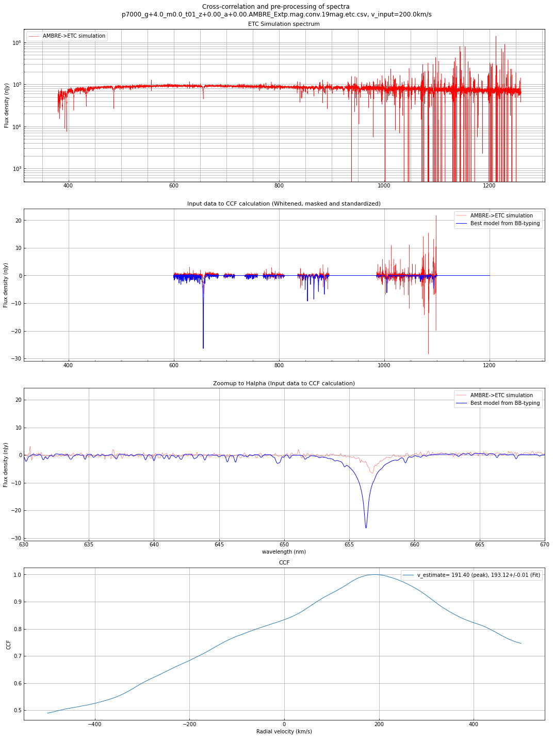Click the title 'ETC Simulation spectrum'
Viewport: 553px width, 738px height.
pyautogui.click(x=284, y=24)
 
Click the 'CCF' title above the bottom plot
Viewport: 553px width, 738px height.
pyautogui.click(x=284, y=562)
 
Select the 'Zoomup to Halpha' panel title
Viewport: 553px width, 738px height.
pyautogui.click(x=284, y=383)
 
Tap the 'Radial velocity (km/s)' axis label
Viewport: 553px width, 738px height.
pyautogui.click(x=284, y=731)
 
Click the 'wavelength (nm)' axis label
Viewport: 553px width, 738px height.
pyautogui.click(x=284, y=552)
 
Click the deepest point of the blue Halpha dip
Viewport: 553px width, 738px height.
pyautogui.click(x=366, y=528)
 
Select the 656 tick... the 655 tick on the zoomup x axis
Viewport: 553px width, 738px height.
pyautogui.click(x=349, y=544)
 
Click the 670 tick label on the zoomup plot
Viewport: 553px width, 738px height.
pyautogui.click(x=544, y=544)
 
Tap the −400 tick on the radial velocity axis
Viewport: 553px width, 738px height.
pyautogui.click(x=94, y=724)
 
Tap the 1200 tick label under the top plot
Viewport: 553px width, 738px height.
pyautogui.click(x=489, y=185)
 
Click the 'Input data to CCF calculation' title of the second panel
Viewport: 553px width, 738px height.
pyautogui.click(x=284, y=204)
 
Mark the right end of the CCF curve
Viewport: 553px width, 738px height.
pyautogui.click(x=521, y=643)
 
